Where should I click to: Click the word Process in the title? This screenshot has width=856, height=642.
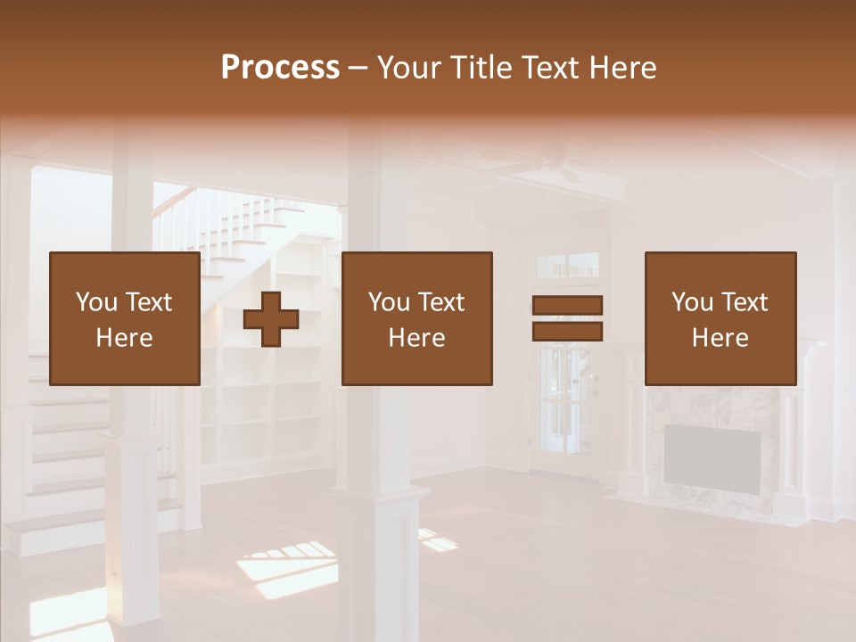(x=280, y=68)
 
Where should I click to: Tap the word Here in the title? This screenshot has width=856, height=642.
(x=621, y=68)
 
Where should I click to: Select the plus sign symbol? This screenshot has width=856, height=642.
(x=271, y=318)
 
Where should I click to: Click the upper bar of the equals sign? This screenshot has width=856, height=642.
(x=567, y=305)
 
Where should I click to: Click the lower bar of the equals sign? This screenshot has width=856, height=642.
(x=567, y=332)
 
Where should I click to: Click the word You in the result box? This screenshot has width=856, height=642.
(x=691, y=302)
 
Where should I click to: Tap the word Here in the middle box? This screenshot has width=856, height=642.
(x=417, y=338)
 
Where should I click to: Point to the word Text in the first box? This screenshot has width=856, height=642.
(x=148, y=302)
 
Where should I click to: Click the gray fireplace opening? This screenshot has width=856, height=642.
(x=712, y=456)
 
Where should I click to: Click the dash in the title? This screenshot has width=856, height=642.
(x=358, y=68)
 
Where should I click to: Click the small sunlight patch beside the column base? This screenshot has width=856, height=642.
(x=438, y=539)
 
